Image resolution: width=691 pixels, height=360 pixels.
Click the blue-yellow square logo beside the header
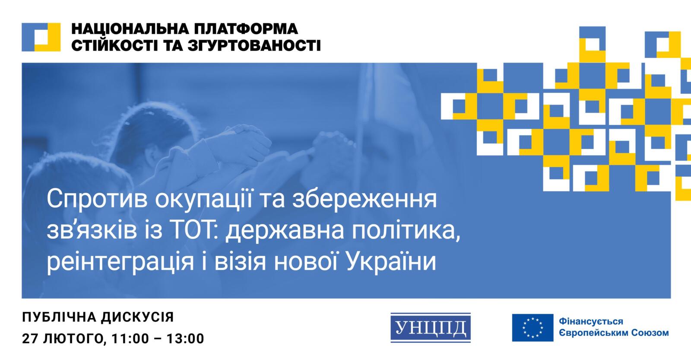[41, 37]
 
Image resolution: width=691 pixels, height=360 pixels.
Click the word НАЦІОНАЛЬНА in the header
[123, 29]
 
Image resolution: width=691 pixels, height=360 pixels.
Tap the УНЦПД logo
[430, 327]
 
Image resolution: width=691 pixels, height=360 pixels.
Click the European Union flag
[533, 328]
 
